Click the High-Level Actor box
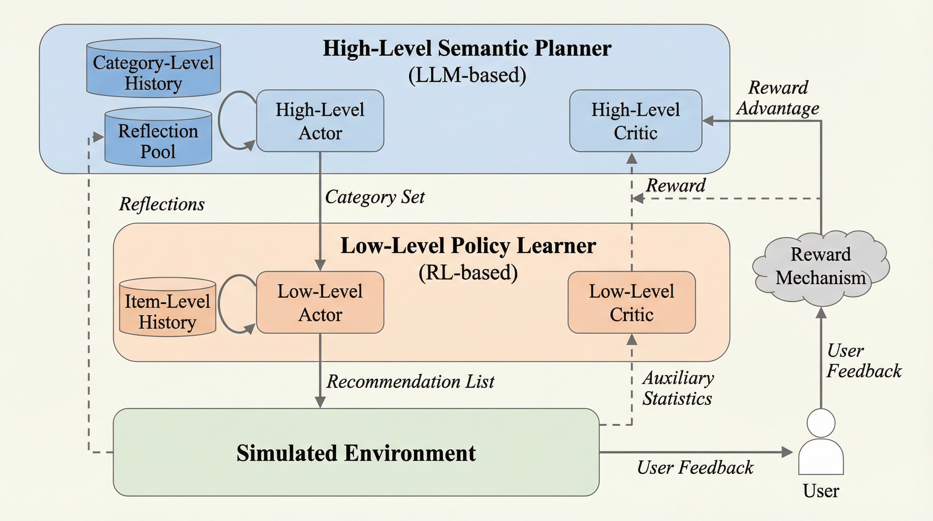320,121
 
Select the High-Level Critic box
635,121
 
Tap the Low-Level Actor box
320,302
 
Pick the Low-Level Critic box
631,302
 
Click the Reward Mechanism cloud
820,266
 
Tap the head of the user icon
821,423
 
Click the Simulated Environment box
356,452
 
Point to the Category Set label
375,197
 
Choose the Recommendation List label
410,382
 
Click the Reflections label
161,204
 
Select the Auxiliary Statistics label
678,388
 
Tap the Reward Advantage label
778,98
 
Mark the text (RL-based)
468,272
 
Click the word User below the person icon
821,491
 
